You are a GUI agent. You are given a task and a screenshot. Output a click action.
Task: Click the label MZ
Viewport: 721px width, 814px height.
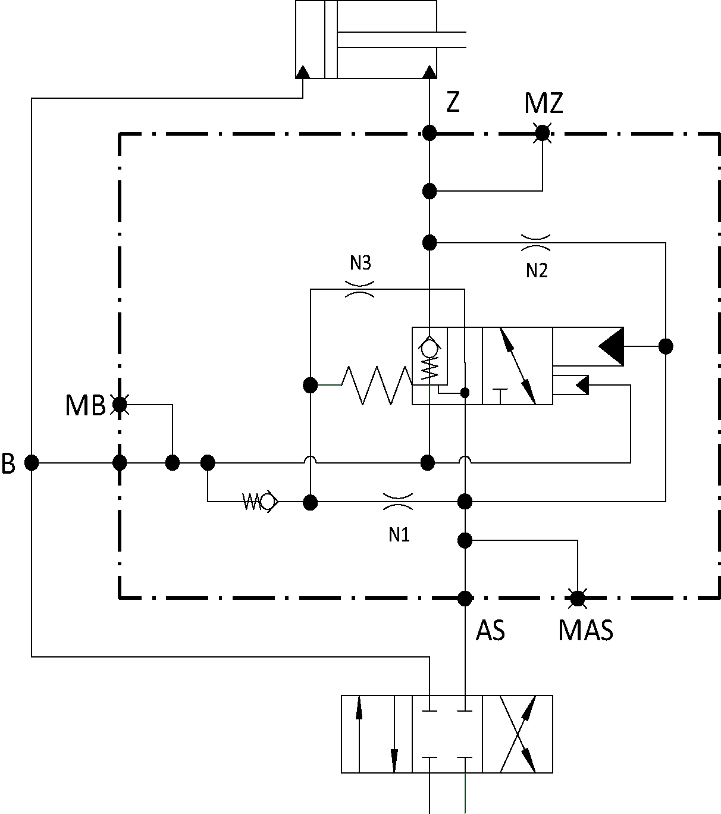coord(544,103)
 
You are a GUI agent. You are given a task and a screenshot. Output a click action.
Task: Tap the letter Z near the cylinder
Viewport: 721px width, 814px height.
coord(453,102)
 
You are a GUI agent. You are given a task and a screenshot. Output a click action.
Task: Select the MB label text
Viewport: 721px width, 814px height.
coord(85,405)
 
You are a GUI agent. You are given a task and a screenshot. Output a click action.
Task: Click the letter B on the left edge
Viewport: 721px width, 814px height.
coord(8,464)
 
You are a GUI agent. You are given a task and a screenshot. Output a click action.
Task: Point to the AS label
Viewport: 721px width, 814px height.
coord(490,630)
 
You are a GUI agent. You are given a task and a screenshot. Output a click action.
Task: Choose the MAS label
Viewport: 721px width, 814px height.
coord(585,630)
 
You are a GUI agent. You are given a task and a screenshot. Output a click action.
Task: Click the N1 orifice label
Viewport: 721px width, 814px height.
coord(399,535)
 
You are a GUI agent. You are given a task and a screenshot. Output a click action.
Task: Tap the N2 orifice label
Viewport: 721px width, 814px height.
coord(537,271)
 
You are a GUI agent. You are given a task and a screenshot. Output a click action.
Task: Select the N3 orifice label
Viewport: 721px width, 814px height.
coord(360,263)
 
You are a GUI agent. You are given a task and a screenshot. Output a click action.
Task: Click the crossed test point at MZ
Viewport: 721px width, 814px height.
coord(543,133)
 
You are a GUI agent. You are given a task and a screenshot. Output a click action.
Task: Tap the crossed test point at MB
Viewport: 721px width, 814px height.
coord(120,405)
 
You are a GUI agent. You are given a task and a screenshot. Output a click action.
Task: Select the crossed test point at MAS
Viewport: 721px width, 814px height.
coord(578,599)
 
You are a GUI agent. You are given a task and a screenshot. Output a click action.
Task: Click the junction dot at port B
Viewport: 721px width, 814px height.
coord(32,463)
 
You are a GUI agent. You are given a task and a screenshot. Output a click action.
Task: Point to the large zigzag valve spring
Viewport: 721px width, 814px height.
coord(377,386)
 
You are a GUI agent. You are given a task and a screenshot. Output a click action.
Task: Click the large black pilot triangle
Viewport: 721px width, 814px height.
coord(612,346)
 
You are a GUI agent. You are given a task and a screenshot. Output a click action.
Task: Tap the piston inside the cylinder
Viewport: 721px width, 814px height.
coord(331,39)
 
